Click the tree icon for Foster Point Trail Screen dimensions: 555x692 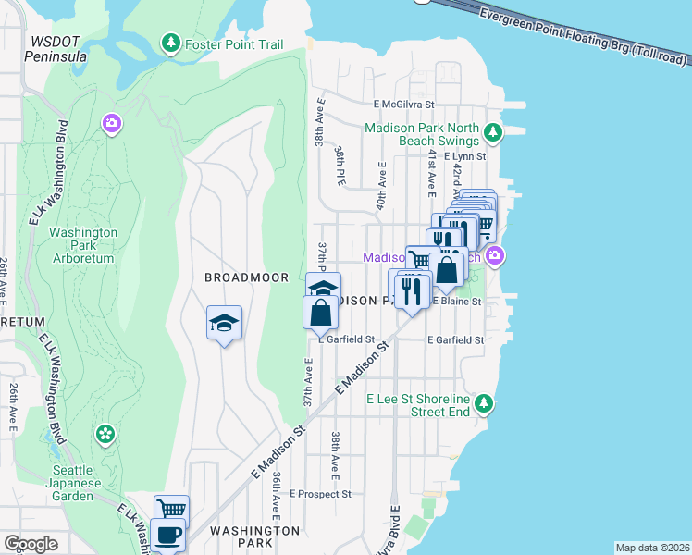coord(170,43)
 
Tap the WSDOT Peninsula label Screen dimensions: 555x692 coord(59,49)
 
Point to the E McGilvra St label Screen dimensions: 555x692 coord(403,105)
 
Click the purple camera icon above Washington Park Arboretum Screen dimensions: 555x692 coord(112,123)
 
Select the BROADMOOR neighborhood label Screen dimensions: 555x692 coord(246,277)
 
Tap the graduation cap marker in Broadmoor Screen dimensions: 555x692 coord(224,323)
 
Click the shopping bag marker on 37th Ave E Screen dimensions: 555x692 coord(320,313)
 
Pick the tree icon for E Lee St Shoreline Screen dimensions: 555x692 coord(482,403)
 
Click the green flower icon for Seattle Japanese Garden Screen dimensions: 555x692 coord(105,433)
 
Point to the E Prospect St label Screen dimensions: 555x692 coord(320,494)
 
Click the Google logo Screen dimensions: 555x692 coord(31,544)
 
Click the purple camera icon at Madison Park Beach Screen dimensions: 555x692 coord(496,255)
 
